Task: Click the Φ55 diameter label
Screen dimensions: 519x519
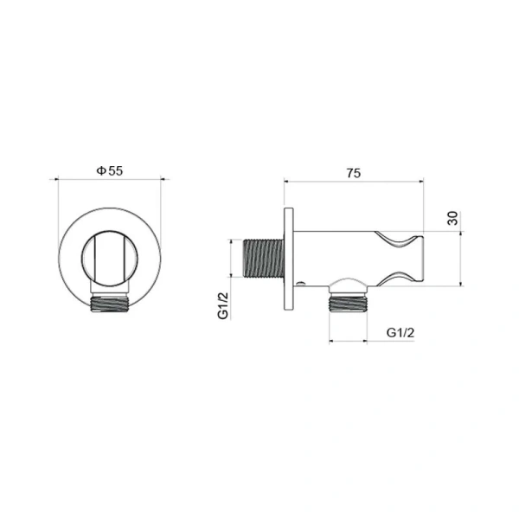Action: click(110, 170)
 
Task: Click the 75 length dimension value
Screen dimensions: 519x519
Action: click(354, 173)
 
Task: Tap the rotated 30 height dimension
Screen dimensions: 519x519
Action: click(452, 218)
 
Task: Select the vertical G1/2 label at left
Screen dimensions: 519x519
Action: click(223, 306)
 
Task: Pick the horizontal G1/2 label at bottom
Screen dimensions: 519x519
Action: click(400, 333)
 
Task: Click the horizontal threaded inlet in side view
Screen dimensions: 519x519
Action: click(264, 258)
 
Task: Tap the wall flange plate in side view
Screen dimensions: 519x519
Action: click(289, 259)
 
